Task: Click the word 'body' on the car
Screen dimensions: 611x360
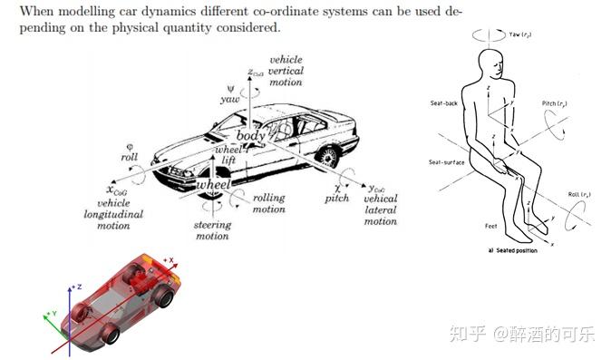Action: click(249, 136)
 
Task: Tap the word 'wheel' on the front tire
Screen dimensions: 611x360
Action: click(214, 185)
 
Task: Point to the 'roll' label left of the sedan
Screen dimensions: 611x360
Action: click(129, 157)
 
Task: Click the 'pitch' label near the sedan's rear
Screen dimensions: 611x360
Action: click(336, 198)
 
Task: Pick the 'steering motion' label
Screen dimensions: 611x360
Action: click(212, 230)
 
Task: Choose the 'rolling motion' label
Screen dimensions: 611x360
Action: click(268, 203)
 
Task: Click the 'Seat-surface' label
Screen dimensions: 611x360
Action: click(446, 162)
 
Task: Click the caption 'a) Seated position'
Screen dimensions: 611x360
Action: click(512, 250)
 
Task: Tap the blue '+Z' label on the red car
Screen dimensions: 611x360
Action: click(79, 287)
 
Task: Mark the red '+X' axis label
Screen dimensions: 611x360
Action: click(169, 259)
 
